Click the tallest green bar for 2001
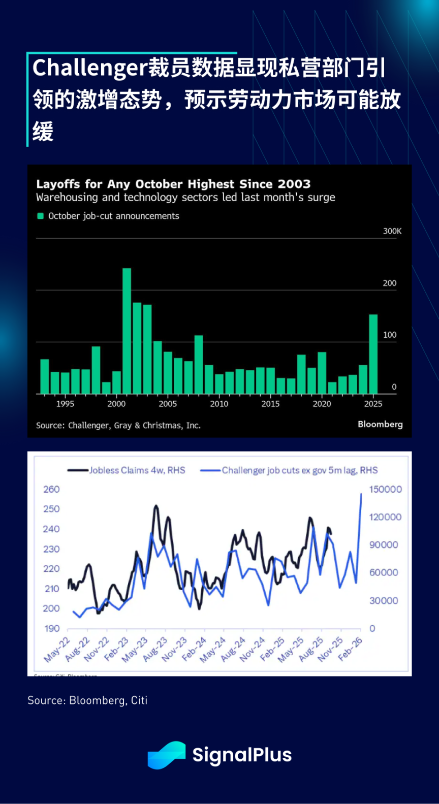[x=127, y=331]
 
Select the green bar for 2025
[x=373, y=354]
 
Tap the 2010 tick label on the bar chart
[x=219, y=404]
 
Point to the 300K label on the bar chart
[x=392, y=231]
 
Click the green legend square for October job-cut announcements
[x=41, y=216]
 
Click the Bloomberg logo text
[x=380, y=424]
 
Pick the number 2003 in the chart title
[x=294, y=184]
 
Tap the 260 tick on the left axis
[x=51, y=489]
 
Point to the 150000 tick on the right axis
[x=385, y=489]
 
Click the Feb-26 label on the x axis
[x=350, y=649]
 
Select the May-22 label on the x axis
[x=57, y=650]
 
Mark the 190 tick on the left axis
[x=52, y=628]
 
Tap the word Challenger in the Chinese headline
[x=89, y=68]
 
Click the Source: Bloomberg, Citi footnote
[x=87, y=700]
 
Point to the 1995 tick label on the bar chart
[x=65, y=404]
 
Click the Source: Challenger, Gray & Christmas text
[x=118, y=426]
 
